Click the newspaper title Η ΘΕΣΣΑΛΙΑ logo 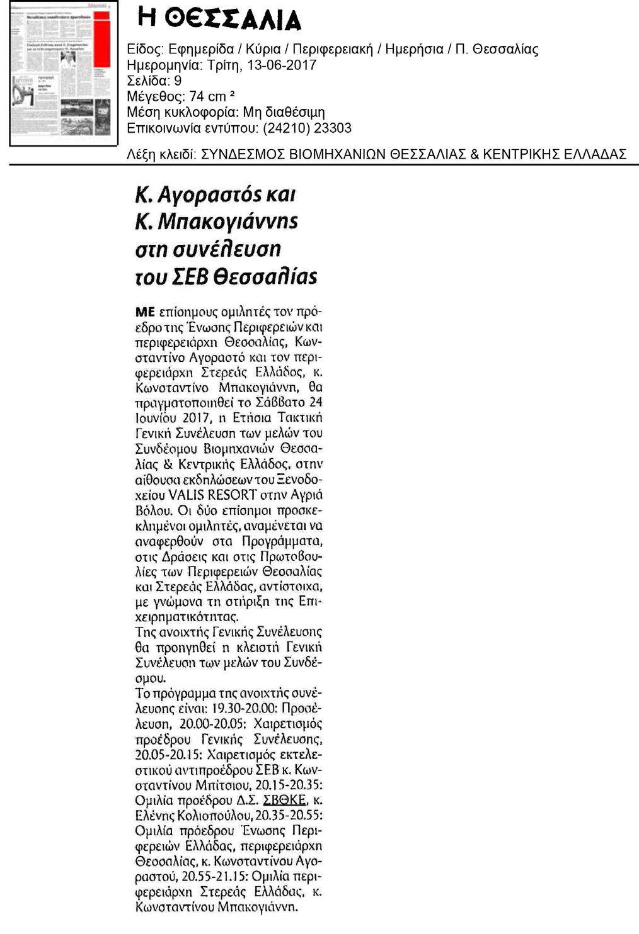click(x=219, y=21)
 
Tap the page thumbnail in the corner click(x=64, y=74)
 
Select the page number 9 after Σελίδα click(x=178, y=81)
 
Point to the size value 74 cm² click(x=209, y=97)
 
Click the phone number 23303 click(x=333, y=128)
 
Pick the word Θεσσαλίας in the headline click(x=265, y=277)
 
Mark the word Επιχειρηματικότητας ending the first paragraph click(x=187, y=617)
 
